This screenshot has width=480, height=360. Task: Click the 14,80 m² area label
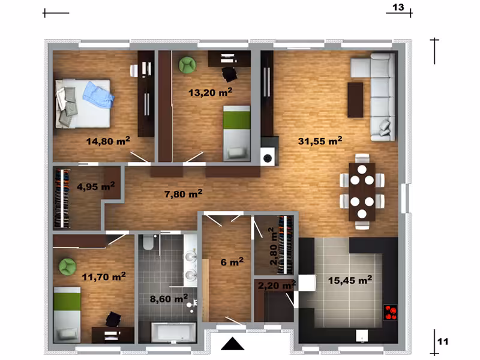pyautogui.click(x=108, y=141)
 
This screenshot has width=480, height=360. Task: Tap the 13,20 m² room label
pyautogui.click(x=211, y=92)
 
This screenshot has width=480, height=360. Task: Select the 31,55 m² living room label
pyautogui.click(x=320, y=141)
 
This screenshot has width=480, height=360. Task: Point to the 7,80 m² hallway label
pyautogui.click(x=184, y=193)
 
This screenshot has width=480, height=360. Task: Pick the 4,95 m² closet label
pyautogui.click(x=96, y=186)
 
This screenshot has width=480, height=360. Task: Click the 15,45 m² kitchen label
pyautogui.click(x=350, y=280)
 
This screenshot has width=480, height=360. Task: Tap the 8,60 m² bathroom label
pyautogui.click(x=169, y=298)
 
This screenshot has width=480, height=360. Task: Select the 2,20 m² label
pyautogui.click(x=277, y=285)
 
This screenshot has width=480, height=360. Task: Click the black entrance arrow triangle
pyautogui.click(x=233, y=343)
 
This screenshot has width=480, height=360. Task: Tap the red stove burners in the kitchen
pyautogui.click(x=391, y=313)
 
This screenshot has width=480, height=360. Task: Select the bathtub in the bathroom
pyautogui.click(x=173, y=332)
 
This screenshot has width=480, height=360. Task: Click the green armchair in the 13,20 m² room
pyautogui.click(x=187, y=65)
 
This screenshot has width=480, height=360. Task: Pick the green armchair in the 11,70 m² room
pyautogui.click(x=68, y=267)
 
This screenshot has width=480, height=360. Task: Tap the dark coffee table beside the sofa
pyautogui.click(x=355, y=100)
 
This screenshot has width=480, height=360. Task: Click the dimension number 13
pyautogui.click(x=398, y=7)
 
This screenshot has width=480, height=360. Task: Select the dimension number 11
pyautogui.click(x=443, y=341)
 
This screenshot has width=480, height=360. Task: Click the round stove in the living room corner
pyautogui.click(x=268, y=158)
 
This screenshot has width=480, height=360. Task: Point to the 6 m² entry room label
pyautogui.click(x=232, y=262)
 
